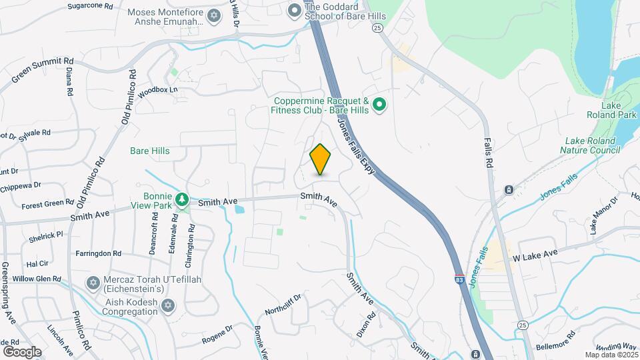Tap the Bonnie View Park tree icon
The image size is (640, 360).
(x=181, y=199)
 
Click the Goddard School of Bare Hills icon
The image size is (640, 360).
(x=294, y=11)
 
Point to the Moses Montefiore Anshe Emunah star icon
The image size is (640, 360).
(x=213, y=15)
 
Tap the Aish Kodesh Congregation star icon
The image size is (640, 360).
(x=168, y=305)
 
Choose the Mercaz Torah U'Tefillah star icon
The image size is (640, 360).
(x=93, y=284)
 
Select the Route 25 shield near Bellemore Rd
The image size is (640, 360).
(x=521, y=325)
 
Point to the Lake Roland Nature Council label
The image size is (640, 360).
(x=593, y=145)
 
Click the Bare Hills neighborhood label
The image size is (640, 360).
(x=149, y=151)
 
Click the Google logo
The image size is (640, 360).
(x=22, y=351)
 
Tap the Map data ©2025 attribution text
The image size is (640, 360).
(x=611, y=355)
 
